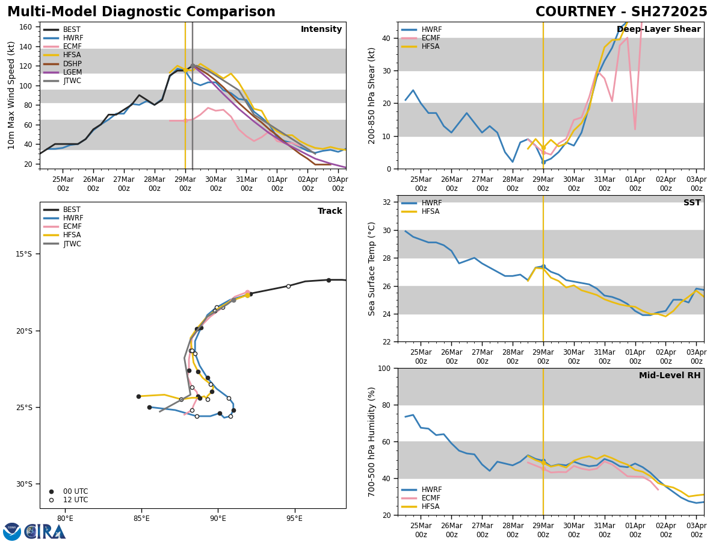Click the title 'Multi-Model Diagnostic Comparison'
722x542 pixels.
[x=141, y=12]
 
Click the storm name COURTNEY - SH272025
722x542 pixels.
[x=621, y=12]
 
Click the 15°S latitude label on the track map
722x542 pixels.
[x=24, y=254]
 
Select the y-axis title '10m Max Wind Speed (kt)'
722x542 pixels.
[x=11, y=95]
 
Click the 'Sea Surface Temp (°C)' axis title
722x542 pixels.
[x=372, y=269]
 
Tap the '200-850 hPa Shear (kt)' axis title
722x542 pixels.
[x=372, y=95]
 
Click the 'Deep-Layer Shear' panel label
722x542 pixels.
[x=658, y=30]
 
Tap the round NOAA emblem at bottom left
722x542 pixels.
[x=12, y=532]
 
